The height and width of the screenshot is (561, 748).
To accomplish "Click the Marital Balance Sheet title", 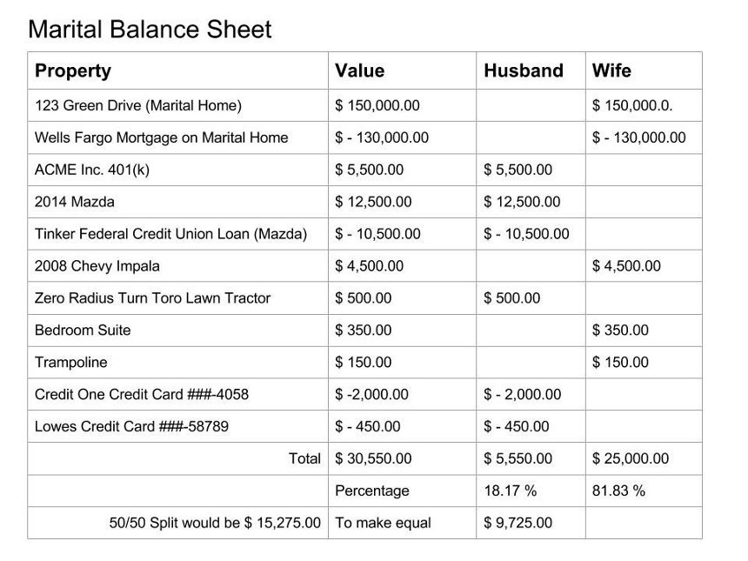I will (x=150, y=30).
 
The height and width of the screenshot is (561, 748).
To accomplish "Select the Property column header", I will (x=73, y=70).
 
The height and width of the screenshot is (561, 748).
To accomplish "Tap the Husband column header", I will (x=523, y=70).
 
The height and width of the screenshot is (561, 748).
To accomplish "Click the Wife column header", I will (x=611, y=70).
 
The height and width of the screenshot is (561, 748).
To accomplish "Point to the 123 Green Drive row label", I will (x=137, y=105).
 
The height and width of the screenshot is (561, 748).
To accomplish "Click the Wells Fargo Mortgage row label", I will (x=161, y=137).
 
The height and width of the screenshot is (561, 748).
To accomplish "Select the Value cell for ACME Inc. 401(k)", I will (x=369, y=170).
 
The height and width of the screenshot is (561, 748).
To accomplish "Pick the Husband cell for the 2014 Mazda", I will (x=522, y=202).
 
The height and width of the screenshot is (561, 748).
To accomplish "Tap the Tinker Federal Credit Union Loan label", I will (x=170, y=234).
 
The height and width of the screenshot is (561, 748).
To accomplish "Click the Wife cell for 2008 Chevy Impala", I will (x=626, y=266).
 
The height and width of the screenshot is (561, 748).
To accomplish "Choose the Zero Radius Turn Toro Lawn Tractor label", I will (x=152, y=298).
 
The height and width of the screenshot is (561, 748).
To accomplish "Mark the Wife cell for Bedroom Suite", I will (x=620, y=331).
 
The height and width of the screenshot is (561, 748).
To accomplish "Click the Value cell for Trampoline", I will (x=363, y=363).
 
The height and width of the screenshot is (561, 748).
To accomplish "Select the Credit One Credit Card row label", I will (x=141, y=395).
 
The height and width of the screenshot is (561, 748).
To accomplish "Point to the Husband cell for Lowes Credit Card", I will (x=517, y=427).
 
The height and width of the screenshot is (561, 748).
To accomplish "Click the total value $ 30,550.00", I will (x=373, y=459).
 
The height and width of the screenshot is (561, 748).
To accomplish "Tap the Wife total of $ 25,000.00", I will (x=631, y=459).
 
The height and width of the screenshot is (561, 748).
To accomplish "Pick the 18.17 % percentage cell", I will (x=510, y=491).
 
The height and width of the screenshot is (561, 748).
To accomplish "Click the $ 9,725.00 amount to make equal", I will (x=518, y=523).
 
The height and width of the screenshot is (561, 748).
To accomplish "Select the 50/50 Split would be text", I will (x=215, y=523).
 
